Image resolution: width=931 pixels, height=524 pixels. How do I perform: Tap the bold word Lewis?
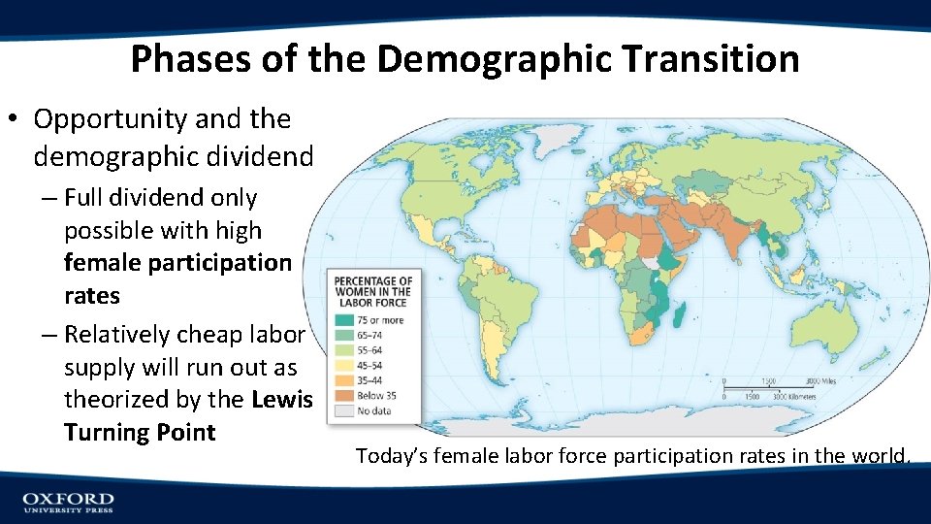281,399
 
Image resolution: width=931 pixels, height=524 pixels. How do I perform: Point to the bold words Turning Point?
140,432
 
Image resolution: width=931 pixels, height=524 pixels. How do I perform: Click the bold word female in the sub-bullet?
109,263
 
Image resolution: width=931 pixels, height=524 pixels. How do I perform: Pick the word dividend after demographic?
259,155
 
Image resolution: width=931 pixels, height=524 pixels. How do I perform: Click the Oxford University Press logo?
68,502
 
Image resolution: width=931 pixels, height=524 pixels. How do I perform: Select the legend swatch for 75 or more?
343,319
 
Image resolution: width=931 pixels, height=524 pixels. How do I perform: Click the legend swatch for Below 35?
343,395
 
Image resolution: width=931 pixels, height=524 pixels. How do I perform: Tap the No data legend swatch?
343,410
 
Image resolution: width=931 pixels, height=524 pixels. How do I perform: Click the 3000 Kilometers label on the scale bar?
794,396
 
